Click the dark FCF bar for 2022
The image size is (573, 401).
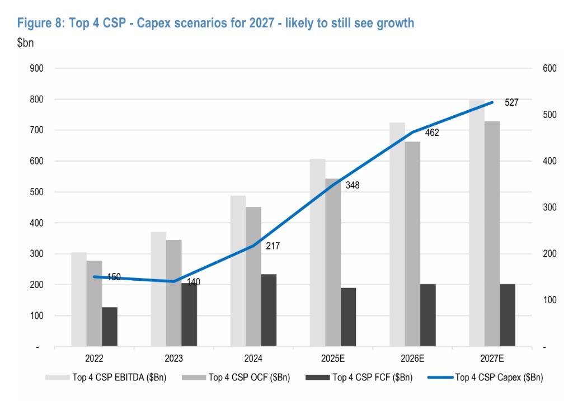[x=110, y=327]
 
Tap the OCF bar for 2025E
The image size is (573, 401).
[x=332, y=263]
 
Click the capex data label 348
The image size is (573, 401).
[x=353, y=185]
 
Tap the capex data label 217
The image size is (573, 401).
[x=273, y=246]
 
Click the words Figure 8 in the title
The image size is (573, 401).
[x=39, y=23]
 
